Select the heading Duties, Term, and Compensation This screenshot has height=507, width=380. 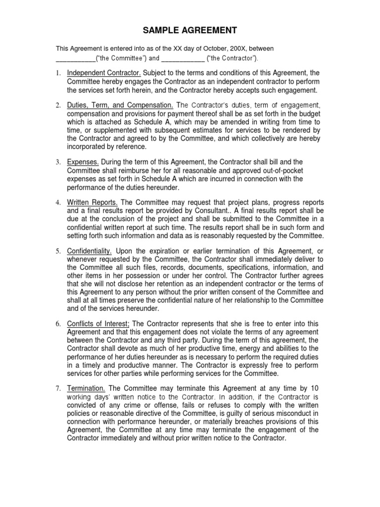point(120,105)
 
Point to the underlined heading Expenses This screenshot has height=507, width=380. point(83,162)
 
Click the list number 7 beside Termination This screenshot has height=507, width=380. point(58,389)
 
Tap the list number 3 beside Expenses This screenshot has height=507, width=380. point(58,162)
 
